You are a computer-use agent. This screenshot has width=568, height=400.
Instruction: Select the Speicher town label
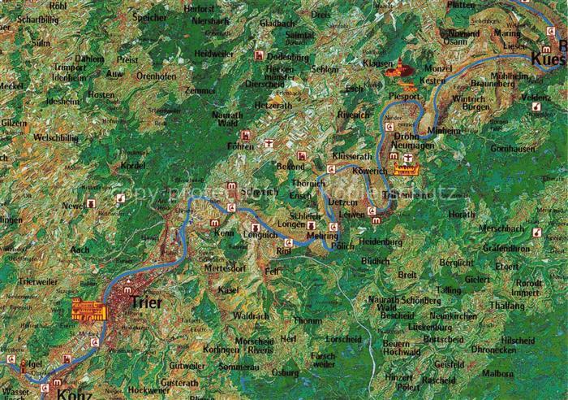(148, 16)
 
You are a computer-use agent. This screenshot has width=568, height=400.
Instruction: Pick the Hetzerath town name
(273, 105)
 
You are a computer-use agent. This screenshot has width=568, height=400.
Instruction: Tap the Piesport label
(404, 95)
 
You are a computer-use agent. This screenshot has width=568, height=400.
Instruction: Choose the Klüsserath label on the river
(351, 154)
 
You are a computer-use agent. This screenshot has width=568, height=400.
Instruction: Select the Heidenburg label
(381, 241)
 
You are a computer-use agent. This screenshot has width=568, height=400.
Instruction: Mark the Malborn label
(520, 373)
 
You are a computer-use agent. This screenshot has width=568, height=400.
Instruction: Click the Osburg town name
(285, 372)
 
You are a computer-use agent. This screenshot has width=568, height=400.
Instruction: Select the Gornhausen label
(513, 149)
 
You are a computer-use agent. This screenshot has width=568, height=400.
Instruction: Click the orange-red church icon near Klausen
(401, 70)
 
